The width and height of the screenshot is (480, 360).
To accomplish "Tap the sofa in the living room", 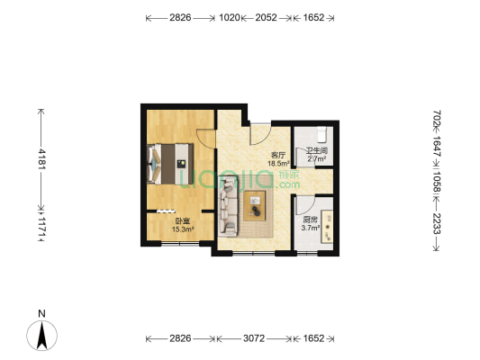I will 229,202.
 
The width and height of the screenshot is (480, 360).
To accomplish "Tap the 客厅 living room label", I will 278,155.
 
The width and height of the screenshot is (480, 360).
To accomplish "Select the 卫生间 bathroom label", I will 316,150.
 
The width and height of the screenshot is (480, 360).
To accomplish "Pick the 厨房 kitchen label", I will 309,220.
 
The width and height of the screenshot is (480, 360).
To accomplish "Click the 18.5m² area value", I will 278,164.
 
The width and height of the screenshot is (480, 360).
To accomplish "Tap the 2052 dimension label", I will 266,17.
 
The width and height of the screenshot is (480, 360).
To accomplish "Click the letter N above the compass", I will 41,313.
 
